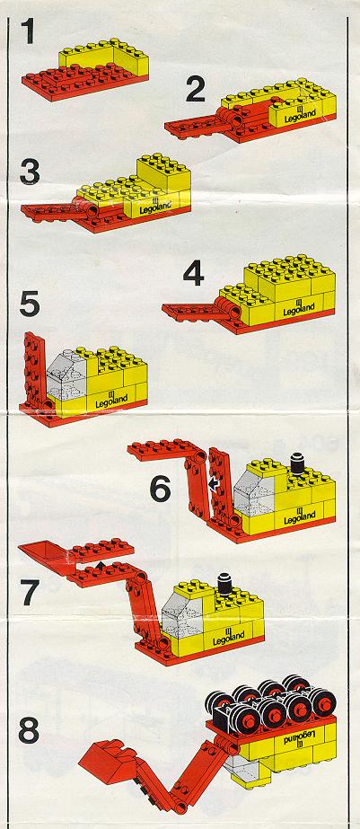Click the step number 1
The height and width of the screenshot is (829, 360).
(x=29, y=32)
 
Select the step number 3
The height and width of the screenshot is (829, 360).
(x=30, y=172)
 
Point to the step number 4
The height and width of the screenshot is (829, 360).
(x=194, y=274)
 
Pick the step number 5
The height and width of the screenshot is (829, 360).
(x=30, y=304)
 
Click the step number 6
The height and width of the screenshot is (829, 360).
(x=160, y=489)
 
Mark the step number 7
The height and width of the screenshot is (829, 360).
(x=30, y=593)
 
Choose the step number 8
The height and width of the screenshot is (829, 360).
(x=29, y=731)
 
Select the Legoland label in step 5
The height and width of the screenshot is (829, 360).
(x=111, y=402)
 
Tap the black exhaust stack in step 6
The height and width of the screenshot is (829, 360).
(x=297, y=463)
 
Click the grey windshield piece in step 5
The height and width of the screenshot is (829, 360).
(x=66, y=377)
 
